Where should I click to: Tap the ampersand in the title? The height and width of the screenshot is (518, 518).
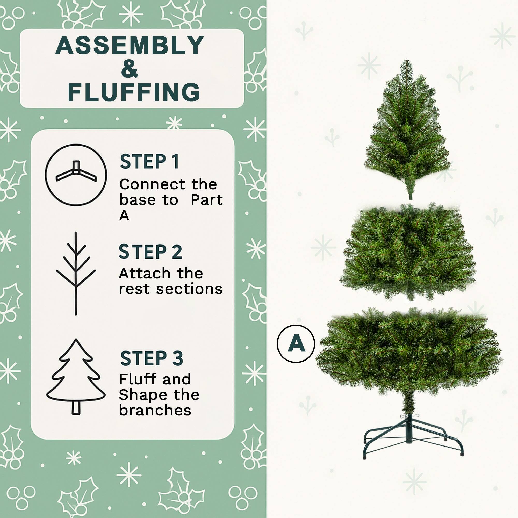click(x=130, y=69)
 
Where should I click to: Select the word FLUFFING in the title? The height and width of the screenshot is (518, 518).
click(x=134, y=92)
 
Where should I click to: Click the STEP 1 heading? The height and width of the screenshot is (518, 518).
click(x=149, y=162)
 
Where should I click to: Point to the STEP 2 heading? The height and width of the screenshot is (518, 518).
click(x=150, y=252)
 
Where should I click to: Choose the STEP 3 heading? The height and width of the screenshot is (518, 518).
click(x=152, y=358)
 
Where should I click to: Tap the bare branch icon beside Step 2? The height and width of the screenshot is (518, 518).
click(x=76, y=273)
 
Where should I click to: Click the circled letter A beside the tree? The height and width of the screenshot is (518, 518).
click(x=296, y=344)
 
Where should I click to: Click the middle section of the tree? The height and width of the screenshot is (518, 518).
click(x=407, y=252)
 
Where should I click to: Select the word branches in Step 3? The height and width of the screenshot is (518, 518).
click(x=155, y=410)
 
